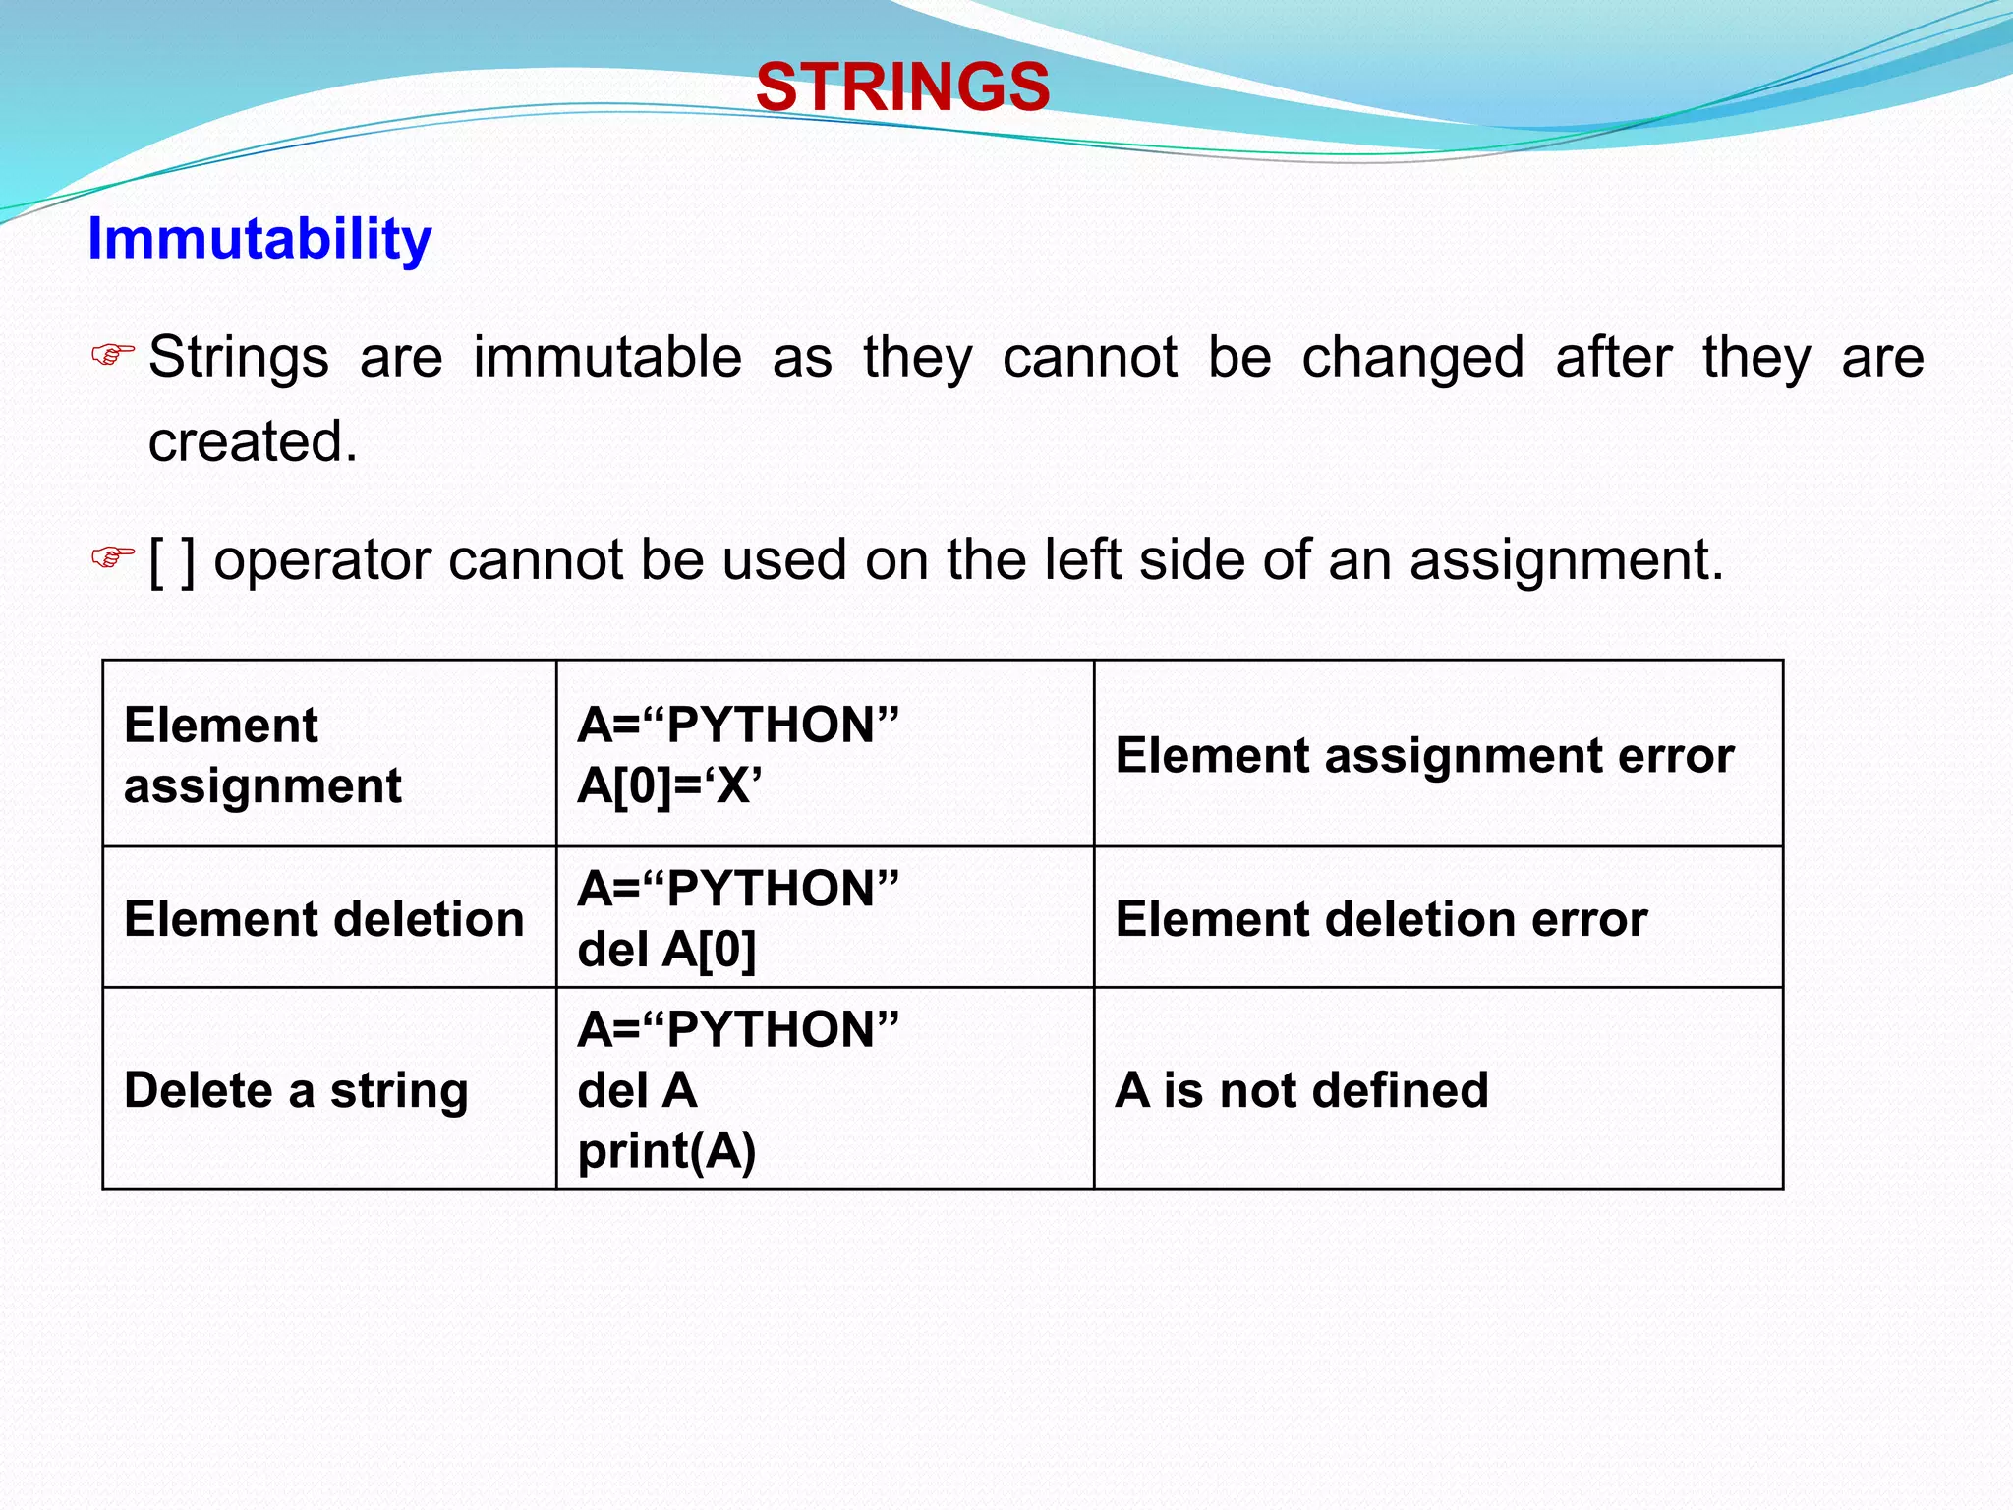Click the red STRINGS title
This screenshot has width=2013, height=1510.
click(x=902, y=87)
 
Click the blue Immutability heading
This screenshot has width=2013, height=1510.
click(x=259, y=239)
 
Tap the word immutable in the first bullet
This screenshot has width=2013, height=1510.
click(x=607, y=357)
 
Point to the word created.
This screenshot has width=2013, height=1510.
click(x=253, y=441)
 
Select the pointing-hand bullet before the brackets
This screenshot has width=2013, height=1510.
click(x=112, y=557)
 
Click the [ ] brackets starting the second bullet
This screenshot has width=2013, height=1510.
click(x=172, y=560)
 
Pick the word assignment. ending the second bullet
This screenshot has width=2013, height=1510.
click(x=1567, y=560)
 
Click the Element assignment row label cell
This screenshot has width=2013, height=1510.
click(x=262, y=755)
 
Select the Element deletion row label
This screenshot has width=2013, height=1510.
click(x=323, y=919)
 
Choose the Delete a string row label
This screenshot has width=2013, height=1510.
click(x=296, y=1090)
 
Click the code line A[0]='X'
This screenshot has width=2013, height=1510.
click(x=669, y=785)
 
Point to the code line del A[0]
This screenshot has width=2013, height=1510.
click(x=666, y=950)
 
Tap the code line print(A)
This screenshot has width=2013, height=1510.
click(x=666, y=1151)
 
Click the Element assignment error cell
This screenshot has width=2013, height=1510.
click(x=1424, y=756)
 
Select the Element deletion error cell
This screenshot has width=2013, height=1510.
click(x=1381, y=919)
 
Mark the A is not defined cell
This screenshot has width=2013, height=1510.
click(x=1301, y=1090)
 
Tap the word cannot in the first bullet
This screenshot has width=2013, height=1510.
click(x=1089, y=357)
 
